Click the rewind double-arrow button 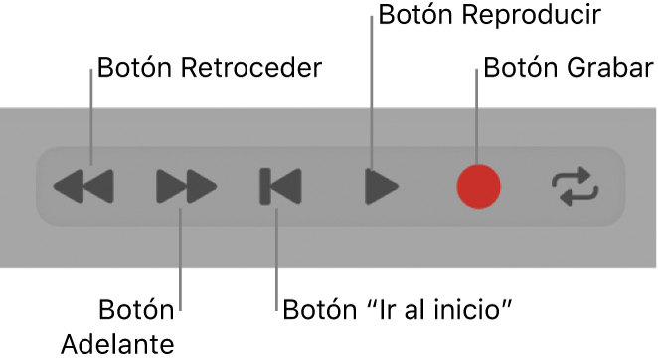83,186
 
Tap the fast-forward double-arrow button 186,186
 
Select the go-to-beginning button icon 280,186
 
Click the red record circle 478,186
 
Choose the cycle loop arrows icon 576,186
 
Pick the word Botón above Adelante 136,309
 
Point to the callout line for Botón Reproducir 372,99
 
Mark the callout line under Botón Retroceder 90,119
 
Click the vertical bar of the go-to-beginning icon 265,186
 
